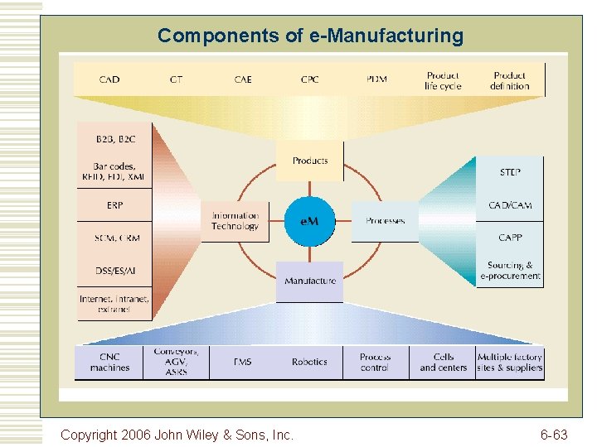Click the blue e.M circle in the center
click(309, 221)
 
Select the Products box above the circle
click(310, 161)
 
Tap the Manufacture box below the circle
click(310, 281)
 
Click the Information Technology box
click(235, 221)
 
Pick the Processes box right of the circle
click(385, 221)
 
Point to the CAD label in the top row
click(109, 79)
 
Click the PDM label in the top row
click(376, 79)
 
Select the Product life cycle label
click(443, 80)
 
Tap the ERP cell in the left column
click(114, 204)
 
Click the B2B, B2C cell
click(114, 137)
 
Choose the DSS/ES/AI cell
click(114, 270)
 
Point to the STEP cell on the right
click(510, 173)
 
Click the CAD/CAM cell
click(510, 205)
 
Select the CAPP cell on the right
click(510, 238)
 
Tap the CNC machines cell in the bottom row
click(109, 363)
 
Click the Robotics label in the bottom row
click(309, 363)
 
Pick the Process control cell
click(375, 363)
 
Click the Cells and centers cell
click(443, 363)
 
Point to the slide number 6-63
click(554, 434)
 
